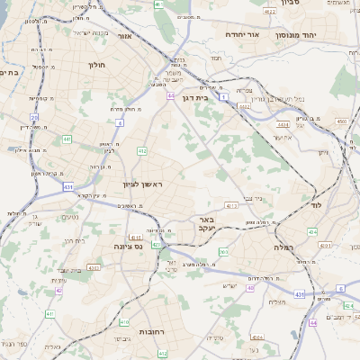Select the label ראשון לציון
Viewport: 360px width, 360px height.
coord(142,184)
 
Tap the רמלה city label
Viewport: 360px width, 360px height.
coord(267,245)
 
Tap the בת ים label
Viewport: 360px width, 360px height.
coord(9,71)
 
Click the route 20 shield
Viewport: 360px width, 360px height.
coord(34,117)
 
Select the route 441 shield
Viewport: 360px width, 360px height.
coord(67,139)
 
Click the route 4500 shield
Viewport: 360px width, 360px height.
coord(341,120)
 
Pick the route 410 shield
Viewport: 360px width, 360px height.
coord(125,321)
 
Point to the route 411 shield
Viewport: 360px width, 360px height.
coord(49,313)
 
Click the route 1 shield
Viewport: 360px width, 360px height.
coord(223,108)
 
